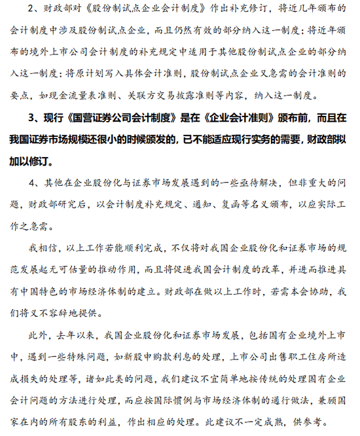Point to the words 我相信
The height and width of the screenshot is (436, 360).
[40, 249]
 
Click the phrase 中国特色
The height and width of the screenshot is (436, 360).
[55, 291]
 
